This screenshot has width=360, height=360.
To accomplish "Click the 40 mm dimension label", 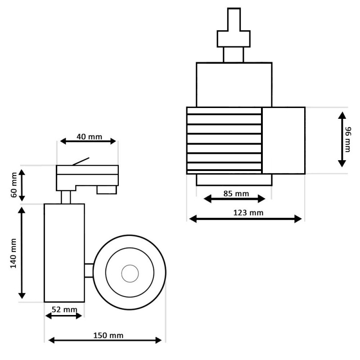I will click(x=89, y=136).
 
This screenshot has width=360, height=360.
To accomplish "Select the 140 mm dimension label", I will click(x=13, y=253).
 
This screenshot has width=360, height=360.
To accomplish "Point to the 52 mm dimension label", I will click(x=64, y=309).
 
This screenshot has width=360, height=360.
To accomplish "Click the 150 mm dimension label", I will click(x=108, y=335).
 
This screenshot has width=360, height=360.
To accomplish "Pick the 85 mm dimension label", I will click(x=236, y=194).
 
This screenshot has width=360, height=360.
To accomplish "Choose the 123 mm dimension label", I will click(x=248, y=213).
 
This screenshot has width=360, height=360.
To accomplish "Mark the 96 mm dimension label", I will click(x=348, y=139).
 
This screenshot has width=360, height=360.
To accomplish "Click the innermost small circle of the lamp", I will click(x=130, y=272).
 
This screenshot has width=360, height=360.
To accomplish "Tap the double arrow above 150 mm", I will click(x=104, y=340).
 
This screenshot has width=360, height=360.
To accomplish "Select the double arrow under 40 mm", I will click(x=88, y=141).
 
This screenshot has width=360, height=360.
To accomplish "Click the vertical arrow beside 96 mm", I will click(x=342, y=139).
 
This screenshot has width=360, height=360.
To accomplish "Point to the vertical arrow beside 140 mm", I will click(x=22, y=253).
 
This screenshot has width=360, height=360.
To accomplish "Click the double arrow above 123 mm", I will click(x=245, y=219).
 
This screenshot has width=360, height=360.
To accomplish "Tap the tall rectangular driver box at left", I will click(x=64, y=252).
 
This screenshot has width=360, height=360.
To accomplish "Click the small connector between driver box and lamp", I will click(x=89, y=270).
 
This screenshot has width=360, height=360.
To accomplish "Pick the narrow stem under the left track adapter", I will click(x=66, y=197).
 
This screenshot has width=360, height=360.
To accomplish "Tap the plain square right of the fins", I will click(x=283, y=140).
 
